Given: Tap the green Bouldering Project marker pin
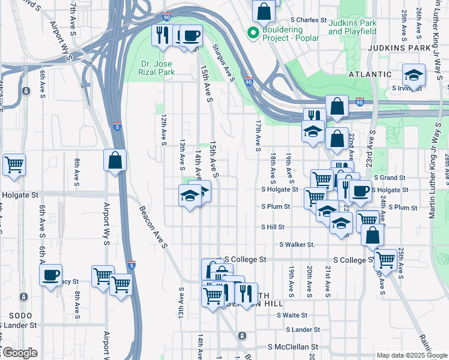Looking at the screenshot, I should click(253, 32).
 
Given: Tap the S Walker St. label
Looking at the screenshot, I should click(297, 245).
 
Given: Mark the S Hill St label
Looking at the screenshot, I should click(273, 227).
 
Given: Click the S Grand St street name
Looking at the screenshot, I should click(390, 178).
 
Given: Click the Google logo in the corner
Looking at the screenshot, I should click(19, 353).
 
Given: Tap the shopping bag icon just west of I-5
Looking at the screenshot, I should click(115, 161).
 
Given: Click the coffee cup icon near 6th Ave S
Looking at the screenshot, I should click(50, 275).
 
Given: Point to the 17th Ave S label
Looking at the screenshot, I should click(258, 135).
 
